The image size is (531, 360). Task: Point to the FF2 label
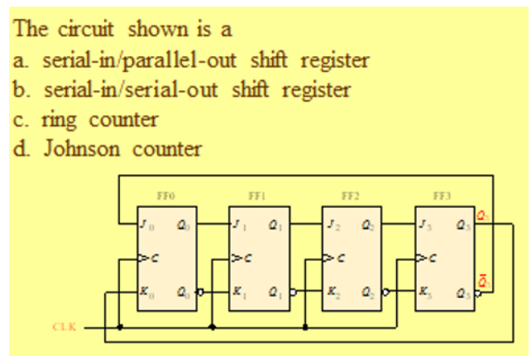(x=352, y=196)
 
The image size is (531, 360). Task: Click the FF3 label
(x=443, y=196)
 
